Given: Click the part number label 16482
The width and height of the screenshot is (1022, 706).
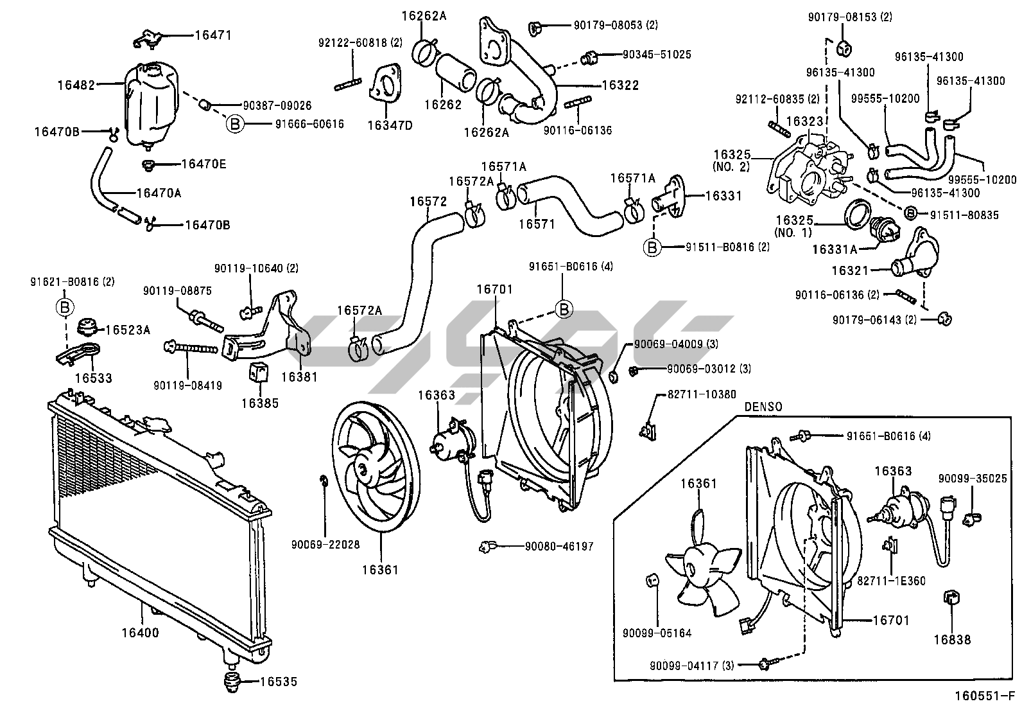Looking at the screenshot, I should tap(76, 84).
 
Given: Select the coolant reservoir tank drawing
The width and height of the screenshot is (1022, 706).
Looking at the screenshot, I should tap(148, 104).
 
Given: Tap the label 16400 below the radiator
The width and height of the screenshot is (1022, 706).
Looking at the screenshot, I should tap(140, 633).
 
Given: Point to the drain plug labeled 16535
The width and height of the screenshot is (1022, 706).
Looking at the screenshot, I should tap(229, 682).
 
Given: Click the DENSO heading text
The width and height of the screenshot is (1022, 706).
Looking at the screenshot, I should tap(763, 407).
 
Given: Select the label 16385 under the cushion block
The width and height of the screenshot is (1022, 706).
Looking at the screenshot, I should tap(260, 403).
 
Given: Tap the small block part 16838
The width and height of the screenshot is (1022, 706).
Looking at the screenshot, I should tap(951, 598).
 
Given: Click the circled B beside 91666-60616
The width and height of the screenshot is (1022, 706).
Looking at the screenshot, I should tap(235, 124).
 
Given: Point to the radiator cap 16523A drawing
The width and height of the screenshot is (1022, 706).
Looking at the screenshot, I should tap(87, 328).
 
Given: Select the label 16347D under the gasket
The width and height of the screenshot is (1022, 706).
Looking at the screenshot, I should tap(390, 125).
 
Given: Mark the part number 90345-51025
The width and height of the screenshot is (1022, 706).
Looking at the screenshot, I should tap(657, 55).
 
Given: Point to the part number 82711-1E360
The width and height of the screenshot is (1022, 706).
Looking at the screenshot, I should tap(892, 581).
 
